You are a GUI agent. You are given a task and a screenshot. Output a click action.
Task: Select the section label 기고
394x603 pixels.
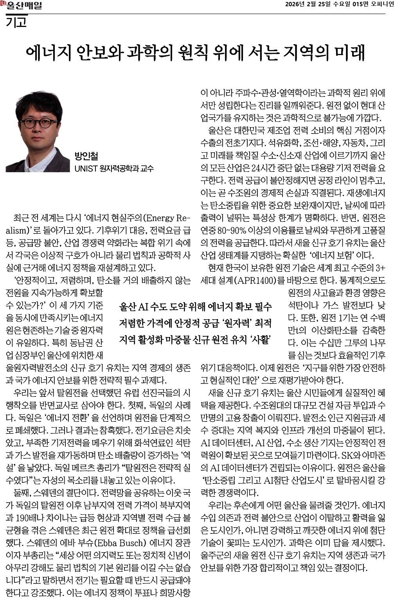(x=16, y=22)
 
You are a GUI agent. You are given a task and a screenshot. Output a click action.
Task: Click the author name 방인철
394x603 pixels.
(x=86, y=156)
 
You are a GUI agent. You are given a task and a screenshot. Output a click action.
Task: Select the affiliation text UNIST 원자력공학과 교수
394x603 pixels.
(x=114, y=168)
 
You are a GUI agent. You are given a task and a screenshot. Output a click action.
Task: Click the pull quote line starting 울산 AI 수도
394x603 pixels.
(x=195, y=307)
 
